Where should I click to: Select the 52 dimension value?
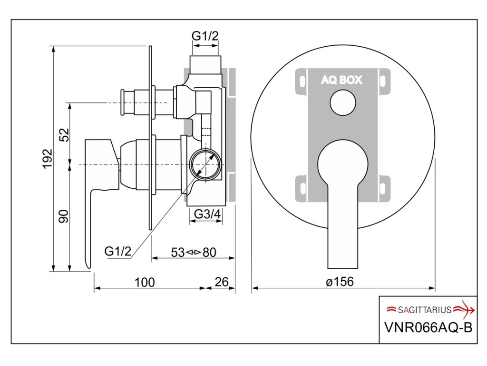tap(64, 135)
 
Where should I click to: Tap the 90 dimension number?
tap(64, 216)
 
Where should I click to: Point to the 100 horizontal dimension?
tap(145, 282)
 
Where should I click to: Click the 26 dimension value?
tap(222, 282)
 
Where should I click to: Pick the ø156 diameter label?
tap(340, 282)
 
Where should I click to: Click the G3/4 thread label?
tap(207, 214)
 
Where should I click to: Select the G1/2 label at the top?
tap(205, 36)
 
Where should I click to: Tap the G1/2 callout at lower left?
tap(118, 251)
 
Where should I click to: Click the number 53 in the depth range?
tap(178, 253)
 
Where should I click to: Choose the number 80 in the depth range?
tap(210, 253)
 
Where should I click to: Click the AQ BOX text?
tap(341, 80)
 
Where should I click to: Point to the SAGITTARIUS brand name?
tap(425, 310)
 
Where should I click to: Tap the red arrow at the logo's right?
tap(464, 310)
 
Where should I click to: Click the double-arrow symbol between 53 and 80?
tap(194, 253)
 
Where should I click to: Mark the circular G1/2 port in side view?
tap(205, 164)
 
